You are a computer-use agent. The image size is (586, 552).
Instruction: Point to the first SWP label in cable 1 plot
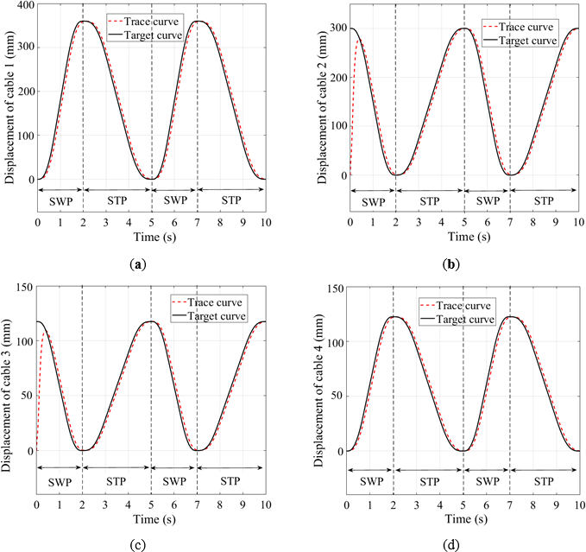pyautogui.click(x=59, y=201)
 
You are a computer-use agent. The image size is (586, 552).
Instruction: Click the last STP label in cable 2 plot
pyautogui.click(x=544, y=201)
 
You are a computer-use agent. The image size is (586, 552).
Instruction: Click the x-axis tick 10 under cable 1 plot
pyautogui.click(x=266, y=221)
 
